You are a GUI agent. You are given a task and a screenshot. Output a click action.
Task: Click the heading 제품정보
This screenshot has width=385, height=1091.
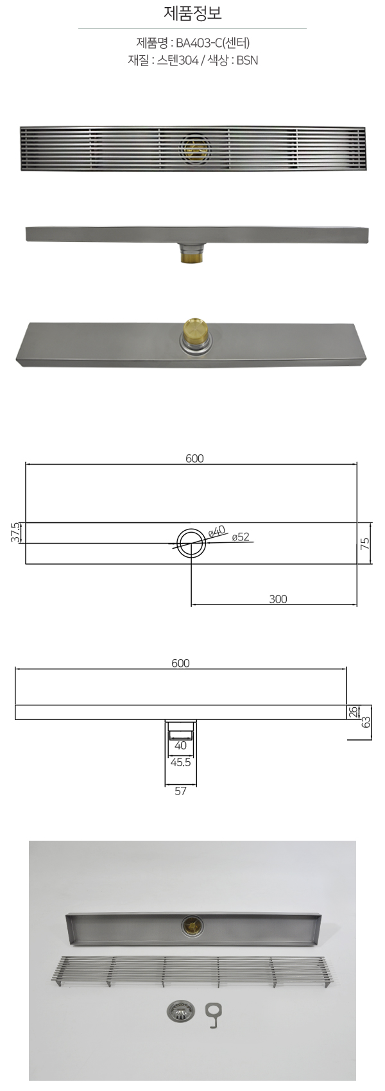click(193, 13)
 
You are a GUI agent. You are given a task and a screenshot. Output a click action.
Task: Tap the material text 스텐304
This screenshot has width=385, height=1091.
click(178, 61)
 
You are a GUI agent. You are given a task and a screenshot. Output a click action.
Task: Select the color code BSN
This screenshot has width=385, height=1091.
click(247, 61)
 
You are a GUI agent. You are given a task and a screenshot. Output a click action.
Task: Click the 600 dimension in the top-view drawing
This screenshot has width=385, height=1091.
click(194, 458)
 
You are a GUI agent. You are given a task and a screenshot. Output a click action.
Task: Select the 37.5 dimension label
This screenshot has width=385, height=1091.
click(15, 533)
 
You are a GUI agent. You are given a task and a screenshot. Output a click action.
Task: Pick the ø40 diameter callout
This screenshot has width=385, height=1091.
click(217, 531)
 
